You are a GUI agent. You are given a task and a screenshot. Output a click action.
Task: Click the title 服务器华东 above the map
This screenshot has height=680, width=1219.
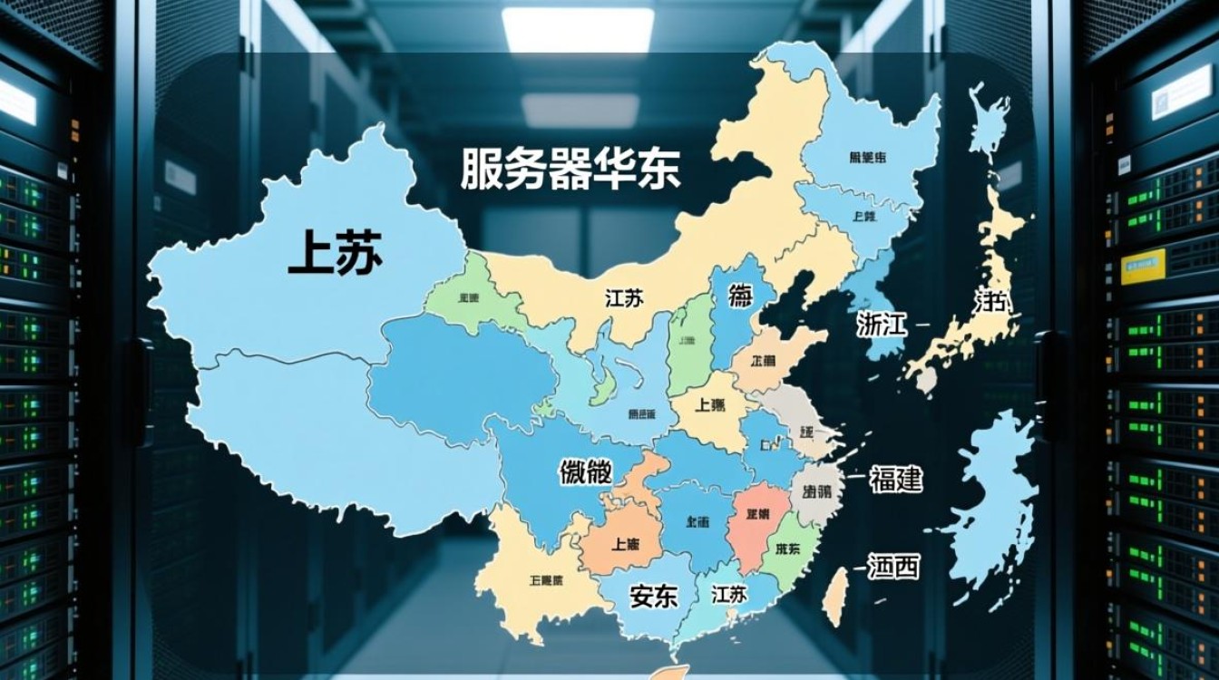(x=570, y=170)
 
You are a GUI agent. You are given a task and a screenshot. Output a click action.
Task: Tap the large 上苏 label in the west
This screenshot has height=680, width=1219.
(x=335, y=251)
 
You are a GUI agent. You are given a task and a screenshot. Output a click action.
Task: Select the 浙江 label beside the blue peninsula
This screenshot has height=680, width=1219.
(x=882, y=324)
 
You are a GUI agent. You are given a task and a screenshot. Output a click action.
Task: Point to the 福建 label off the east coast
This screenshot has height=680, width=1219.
(x=895, y=479)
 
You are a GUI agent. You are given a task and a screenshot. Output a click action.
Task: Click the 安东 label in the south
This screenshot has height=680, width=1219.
(x=653, y=596)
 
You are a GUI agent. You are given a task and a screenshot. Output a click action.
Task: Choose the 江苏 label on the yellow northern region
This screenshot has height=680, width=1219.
(x=624, y=297)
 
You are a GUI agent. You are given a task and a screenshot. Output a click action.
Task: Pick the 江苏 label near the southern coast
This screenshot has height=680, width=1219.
(x=729, y=594)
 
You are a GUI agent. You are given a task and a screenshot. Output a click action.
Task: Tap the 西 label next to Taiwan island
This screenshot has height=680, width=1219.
(x=893, y=568)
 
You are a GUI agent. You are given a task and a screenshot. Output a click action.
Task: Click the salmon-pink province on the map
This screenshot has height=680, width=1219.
(x=756, y=521)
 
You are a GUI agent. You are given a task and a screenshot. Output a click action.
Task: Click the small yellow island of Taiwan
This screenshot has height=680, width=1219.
(x=839, y=594)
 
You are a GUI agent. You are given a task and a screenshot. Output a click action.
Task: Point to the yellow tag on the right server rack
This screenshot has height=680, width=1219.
(x=1141, y=266)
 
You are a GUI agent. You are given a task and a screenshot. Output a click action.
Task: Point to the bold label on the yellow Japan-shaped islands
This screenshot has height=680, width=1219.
(x=991, y=302)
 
